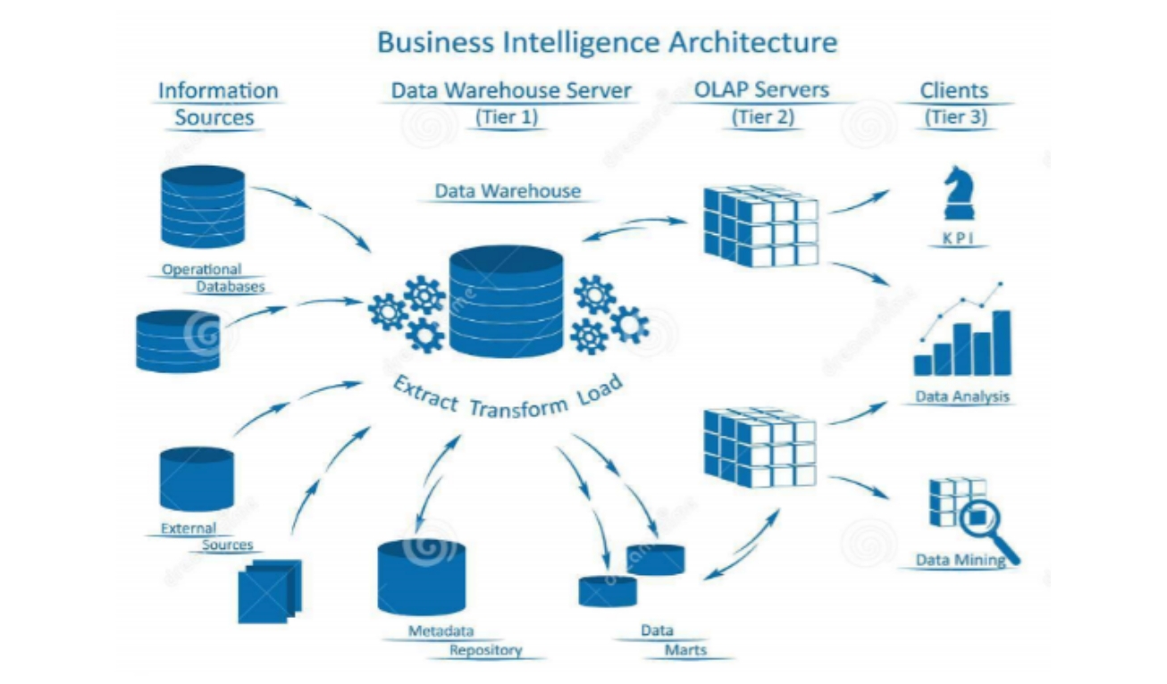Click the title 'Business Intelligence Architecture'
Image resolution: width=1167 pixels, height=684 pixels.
607,42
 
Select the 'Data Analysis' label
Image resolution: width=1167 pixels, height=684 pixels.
961,396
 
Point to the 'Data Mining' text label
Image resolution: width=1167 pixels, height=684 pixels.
961,561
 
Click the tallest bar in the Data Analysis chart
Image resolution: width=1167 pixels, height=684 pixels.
1001,342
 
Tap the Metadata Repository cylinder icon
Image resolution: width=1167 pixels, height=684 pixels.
422,576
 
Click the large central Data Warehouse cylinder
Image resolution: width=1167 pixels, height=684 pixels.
507,300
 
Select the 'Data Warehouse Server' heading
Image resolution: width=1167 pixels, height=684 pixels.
511,90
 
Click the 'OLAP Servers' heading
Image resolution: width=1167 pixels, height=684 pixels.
761,89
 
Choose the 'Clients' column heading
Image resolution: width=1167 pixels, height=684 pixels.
954,90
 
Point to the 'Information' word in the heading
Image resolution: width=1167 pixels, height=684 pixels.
218,90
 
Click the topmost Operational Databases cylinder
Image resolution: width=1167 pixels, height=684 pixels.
203,206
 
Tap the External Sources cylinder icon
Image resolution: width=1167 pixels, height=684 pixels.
197,479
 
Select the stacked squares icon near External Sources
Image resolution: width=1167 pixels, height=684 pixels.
269,590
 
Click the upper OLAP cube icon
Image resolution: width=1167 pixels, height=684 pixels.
760,225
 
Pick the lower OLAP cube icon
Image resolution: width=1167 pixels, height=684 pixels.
759,447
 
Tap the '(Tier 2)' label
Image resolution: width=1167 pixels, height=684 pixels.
762,116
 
